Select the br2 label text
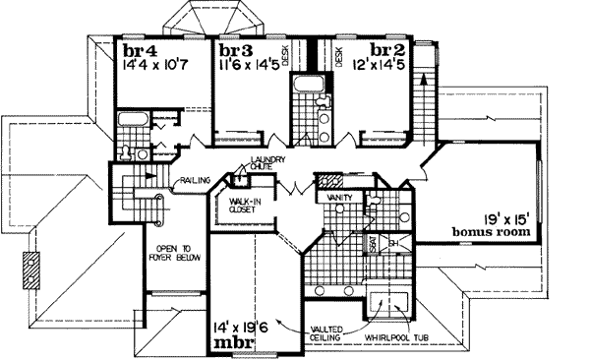pyautogui.click(x=388, y=51)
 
